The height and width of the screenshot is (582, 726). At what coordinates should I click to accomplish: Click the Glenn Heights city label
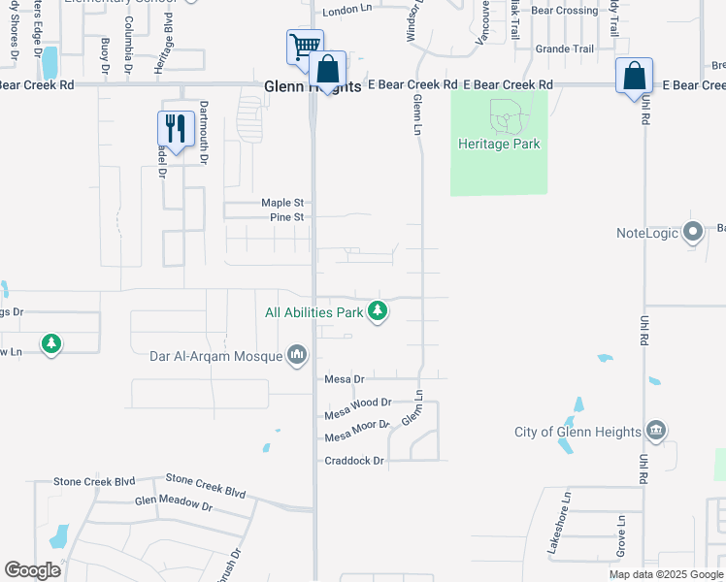pos(313,86)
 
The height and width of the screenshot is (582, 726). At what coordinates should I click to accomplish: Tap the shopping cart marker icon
pos(305,46)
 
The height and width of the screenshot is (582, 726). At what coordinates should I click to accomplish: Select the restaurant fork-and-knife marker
pos(176,128)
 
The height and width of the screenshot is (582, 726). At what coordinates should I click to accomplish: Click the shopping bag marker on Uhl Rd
pos(634,76)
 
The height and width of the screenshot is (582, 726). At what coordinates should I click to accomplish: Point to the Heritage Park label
pos(499,145)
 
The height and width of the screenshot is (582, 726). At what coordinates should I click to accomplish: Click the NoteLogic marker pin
pos(693,233)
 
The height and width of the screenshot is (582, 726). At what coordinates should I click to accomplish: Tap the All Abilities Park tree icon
pos(378,311)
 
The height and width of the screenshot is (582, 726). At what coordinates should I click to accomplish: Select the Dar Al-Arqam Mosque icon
pos(296,356)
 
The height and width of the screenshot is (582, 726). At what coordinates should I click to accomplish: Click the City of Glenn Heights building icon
pos(655,431)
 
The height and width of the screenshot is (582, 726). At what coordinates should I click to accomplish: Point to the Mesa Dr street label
pos(344,379)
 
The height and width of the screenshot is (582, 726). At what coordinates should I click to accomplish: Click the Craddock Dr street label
pos(354,461)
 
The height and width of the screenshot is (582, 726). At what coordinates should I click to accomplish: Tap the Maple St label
pos(282,203)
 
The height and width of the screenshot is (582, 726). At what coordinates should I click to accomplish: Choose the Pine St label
pos(287,217)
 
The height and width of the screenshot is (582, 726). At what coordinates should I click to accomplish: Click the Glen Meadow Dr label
pos(173,504)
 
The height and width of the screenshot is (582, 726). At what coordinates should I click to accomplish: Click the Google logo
pos(33,570)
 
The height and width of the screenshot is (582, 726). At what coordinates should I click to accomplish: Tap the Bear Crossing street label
pos(564,11)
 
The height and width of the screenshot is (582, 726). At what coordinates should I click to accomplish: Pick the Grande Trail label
pos(564,48)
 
